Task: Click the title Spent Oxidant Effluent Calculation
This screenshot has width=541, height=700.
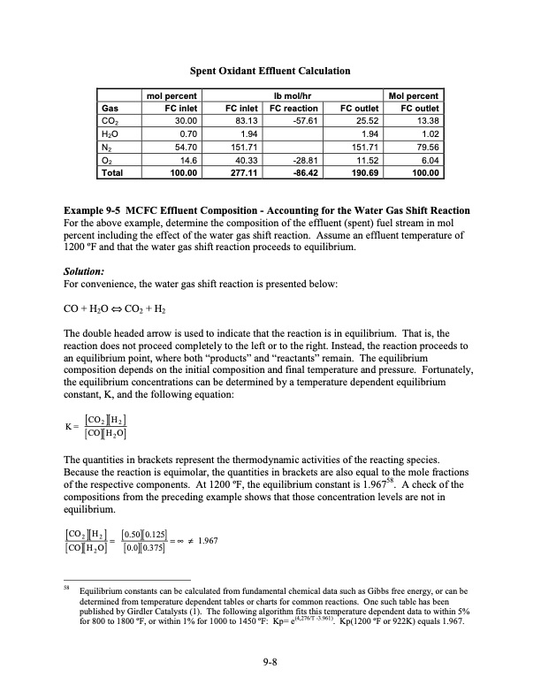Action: [270, 71]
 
